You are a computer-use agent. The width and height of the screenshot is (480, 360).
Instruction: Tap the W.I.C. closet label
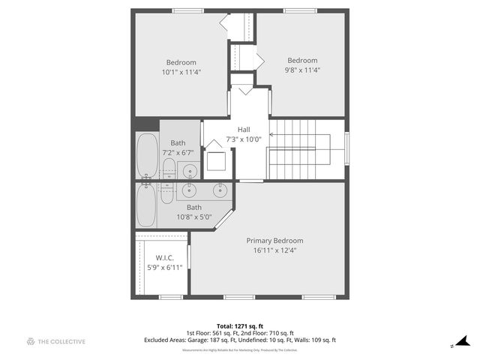click(x=164, y=257)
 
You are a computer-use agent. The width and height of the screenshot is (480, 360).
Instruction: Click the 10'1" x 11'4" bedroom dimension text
click(x=181, y=72)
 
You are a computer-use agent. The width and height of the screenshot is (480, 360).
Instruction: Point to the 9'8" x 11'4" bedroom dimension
click(x=302, y=70)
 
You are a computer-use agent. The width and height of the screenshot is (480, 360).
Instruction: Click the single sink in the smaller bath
click(x=190, y=170)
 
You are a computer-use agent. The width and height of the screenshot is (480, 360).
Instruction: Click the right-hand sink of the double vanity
click(x=220, y=190)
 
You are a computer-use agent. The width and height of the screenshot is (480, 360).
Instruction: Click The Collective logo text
click(x=63, y=342)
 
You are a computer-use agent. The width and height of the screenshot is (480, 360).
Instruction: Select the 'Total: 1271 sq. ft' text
click(x=239, y=326)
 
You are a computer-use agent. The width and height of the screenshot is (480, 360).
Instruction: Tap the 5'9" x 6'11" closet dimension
click(x=164, y=267)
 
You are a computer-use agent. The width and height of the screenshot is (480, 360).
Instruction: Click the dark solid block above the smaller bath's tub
click(x=146, y=124)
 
